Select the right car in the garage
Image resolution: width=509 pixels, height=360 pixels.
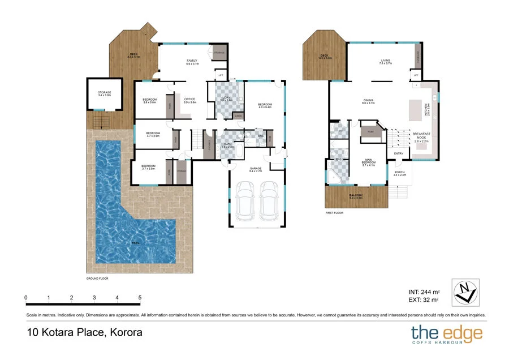[x=270, y=201]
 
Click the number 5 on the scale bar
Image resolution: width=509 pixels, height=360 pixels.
[x=139, y=298]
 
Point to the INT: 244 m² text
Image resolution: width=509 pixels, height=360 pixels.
[x=424, y=292]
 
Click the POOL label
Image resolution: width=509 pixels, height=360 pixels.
[x=135, y=243]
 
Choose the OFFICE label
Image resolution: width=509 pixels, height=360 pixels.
[x=189, y=100]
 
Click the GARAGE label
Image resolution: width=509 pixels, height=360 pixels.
[x=256, y=168]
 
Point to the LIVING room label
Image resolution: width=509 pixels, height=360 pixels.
[x=385, y=61]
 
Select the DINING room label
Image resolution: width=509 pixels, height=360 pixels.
[x=369, y=101]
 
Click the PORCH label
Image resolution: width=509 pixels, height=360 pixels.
[x=399, y=173]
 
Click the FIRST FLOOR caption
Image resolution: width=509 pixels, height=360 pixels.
[x=334, y=213]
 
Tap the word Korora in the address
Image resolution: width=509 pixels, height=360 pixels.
[x=124, y=333]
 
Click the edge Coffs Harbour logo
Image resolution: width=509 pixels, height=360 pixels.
[x=447, y=334]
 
